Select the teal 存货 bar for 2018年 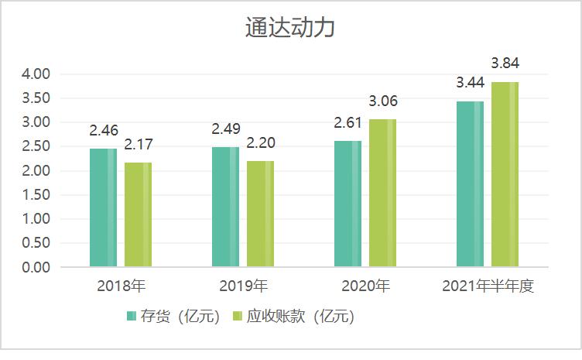104,207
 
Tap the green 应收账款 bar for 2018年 138,214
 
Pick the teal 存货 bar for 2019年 226,207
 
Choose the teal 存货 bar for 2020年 347,204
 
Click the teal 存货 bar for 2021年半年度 470,184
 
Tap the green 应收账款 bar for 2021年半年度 505,174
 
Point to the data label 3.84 505,62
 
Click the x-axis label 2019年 242,286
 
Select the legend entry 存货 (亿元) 173,317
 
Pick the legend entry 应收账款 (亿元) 293,317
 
